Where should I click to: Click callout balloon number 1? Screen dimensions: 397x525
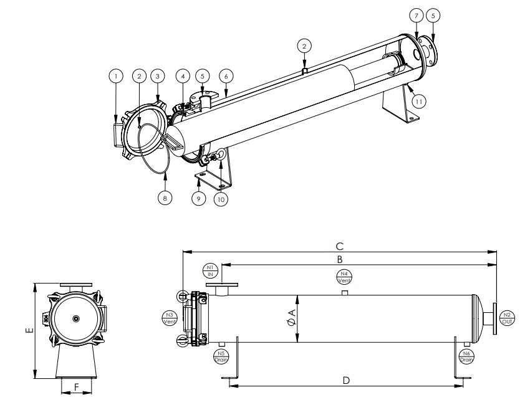[114, 75]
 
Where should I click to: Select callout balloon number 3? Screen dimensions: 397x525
[158, 75]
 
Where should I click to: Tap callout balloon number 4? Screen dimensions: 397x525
[182, 75]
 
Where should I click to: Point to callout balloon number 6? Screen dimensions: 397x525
[226, 75]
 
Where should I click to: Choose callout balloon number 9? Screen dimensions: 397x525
[199, 199]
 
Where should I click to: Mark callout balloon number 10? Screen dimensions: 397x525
[220, 199]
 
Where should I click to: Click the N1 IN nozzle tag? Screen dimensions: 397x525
[210, 270]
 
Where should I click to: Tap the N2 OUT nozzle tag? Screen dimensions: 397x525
[507, 317]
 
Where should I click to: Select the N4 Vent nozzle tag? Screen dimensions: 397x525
[344, 277]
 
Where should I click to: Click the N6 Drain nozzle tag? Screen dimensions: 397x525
[466, 356]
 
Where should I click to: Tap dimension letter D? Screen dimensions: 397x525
[345, 379]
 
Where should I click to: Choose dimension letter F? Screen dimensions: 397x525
[76, 387]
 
